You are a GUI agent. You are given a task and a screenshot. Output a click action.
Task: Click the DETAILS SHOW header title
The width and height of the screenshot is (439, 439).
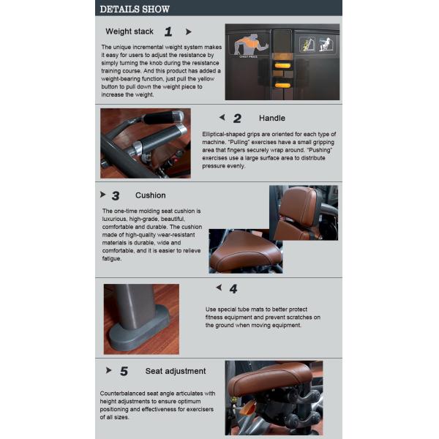[x=135, y=10]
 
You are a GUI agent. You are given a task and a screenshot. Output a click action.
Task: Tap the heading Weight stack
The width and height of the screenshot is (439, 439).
[x=130, y=31]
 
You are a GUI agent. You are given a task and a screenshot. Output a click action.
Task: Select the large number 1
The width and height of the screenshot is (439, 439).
[x=168, y=31]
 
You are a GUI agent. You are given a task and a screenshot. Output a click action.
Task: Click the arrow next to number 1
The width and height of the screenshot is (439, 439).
[x=189, y=32]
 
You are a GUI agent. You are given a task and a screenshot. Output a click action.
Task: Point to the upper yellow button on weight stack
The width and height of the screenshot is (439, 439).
[x=282, y=66]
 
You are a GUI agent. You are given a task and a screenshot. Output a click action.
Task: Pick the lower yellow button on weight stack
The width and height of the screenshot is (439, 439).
[x=282, y=86]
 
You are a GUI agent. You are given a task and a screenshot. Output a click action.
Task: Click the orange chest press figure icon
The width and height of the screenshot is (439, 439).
[x=250, y=45]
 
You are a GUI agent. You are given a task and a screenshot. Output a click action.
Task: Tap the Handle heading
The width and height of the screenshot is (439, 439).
[x=272, y=118]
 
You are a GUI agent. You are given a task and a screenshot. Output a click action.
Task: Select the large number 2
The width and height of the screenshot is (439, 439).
[x=237, y=119]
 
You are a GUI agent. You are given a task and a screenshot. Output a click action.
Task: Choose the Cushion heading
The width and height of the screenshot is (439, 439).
[x=150, y=195]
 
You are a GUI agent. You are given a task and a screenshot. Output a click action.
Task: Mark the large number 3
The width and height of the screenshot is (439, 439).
[x=116, y=195]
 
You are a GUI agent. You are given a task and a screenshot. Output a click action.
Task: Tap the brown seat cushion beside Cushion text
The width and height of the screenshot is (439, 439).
[x=244, y=252]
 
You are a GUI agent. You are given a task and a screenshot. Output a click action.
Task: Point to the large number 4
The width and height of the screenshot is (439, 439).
[x=233, y=289]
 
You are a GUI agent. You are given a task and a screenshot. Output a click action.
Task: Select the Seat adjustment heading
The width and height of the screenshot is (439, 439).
[x=176, y=371]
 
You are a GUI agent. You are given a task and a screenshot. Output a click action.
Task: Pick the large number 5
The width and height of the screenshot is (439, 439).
[x=124, y=371]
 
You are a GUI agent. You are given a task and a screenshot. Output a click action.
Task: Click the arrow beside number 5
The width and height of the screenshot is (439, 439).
[x=108, y=370]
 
